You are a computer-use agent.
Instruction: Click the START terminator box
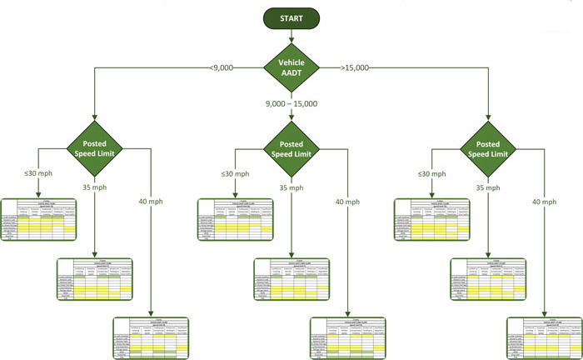[291, 17]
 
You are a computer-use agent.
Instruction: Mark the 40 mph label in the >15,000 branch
[543, 202]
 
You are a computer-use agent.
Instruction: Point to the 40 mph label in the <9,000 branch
[150, 202]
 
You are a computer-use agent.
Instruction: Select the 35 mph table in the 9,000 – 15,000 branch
[291, 280]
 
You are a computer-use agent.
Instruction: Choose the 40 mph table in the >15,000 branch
[543, 338]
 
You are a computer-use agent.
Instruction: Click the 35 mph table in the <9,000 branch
[95, 280]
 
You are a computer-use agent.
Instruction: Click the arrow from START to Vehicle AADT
[291, 37]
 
